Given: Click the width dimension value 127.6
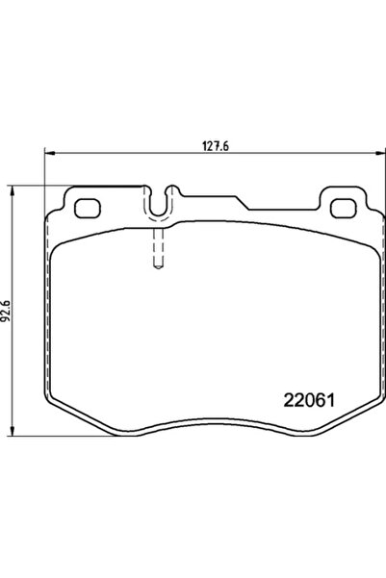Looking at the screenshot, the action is [216, 146].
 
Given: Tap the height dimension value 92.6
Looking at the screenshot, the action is [7, 311].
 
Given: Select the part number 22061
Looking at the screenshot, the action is [309, 400].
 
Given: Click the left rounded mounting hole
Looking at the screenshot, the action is [88, 209].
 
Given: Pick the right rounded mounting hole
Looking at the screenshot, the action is [344, 209].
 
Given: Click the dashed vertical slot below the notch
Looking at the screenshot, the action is [158, 248].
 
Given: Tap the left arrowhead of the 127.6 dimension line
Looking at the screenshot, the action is [49, 153].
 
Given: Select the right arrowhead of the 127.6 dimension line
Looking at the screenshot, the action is [380, 153].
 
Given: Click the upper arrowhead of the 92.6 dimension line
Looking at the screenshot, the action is [13, 191].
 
